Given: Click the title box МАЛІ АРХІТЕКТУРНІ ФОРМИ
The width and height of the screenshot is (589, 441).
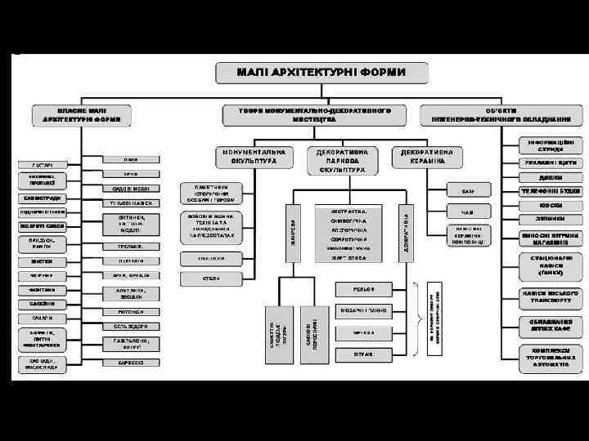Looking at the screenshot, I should click(321, 73).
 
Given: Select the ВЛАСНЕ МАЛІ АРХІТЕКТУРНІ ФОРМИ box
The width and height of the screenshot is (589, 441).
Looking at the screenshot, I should click(82, 114).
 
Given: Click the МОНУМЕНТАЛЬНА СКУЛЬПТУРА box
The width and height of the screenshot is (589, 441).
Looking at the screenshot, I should click(253, 157).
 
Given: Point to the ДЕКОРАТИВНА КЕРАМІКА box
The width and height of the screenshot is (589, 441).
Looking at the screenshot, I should click(428, 157).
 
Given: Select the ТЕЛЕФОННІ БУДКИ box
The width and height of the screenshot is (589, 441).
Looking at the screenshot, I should click(539, 191).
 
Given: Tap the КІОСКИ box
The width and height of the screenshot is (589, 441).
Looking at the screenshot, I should click(539, 205).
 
